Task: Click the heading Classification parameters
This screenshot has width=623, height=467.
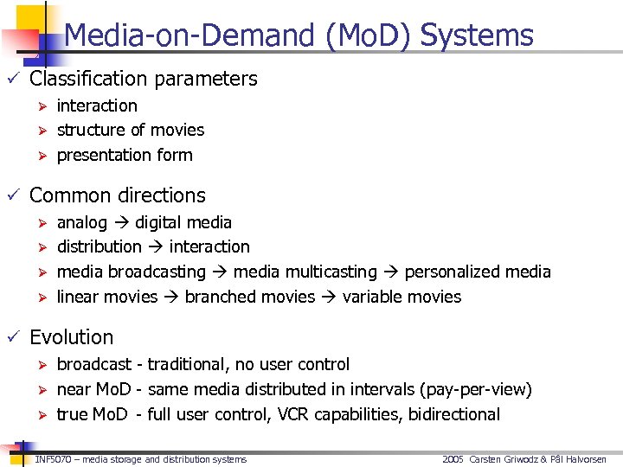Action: tap(144, 79)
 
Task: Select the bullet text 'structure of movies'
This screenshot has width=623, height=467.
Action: tap(131, 130)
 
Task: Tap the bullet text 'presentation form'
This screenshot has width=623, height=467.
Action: tap(125, 155)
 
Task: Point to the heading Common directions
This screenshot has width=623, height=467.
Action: tap(118, 195)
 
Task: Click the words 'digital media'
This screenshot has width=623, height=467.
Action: tap(183, 222)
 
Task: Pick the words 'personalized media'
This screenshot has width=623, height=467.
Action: tap(478, 272)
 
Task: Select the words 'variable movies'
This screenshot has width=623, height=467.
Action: tap(401, 297)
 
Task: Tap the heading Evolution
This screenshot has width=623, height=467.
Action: tap(72, 337)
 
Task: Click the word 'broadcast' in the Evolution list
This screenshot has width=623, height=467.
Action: tap(94, 364)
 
